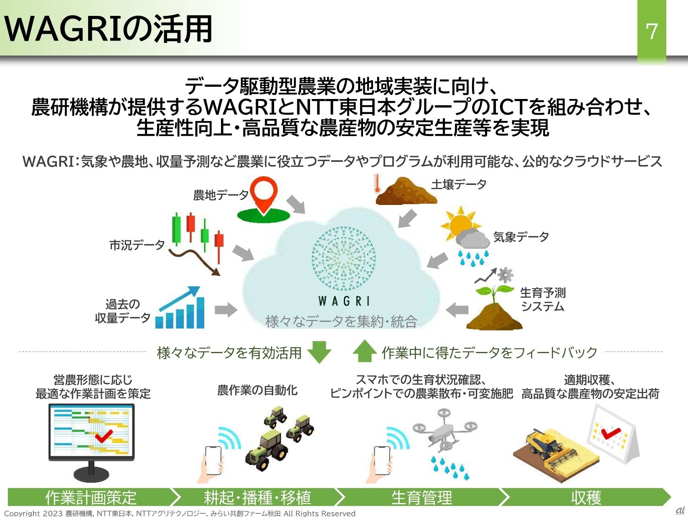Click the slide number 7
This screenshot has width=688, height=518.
pyautogui.click(x=652, y=31)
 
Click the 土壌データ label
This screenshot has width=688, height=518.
pyautogui.click(x=459, y=184)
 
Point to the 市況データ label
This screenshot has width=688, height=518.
pyautogui.click(x=137, y=245)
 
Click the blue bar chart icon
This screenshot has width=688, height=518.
pyautogui.click(x=180, y=308)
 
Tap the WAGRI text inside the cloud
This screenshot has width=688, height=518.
pyautogui.click(x=344, y=301)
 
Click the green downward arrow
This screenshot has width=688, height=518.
pyautogui.click(x=319, y=352)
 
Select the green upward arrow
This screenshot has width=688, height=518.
pyautogui.click(x=365, y=351)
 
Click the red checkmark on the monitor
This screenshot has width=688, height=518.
pyautogui.click(x=104, y=435)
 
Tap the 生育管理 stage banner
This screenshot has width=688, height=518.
pyautogui.click(x=421, y=497)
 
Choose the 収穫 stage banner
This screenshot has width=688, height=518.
pyautogui.click(x=586, y=497)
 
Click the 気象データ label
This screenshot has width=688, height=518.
pyautogui.click(x=520, y=237)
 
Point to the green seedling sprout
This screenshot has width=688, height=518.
pyautogui.click(x=494, y=293)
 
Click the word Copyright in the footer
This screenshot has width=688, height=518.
pyautogui.click(x=22, y=513)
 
